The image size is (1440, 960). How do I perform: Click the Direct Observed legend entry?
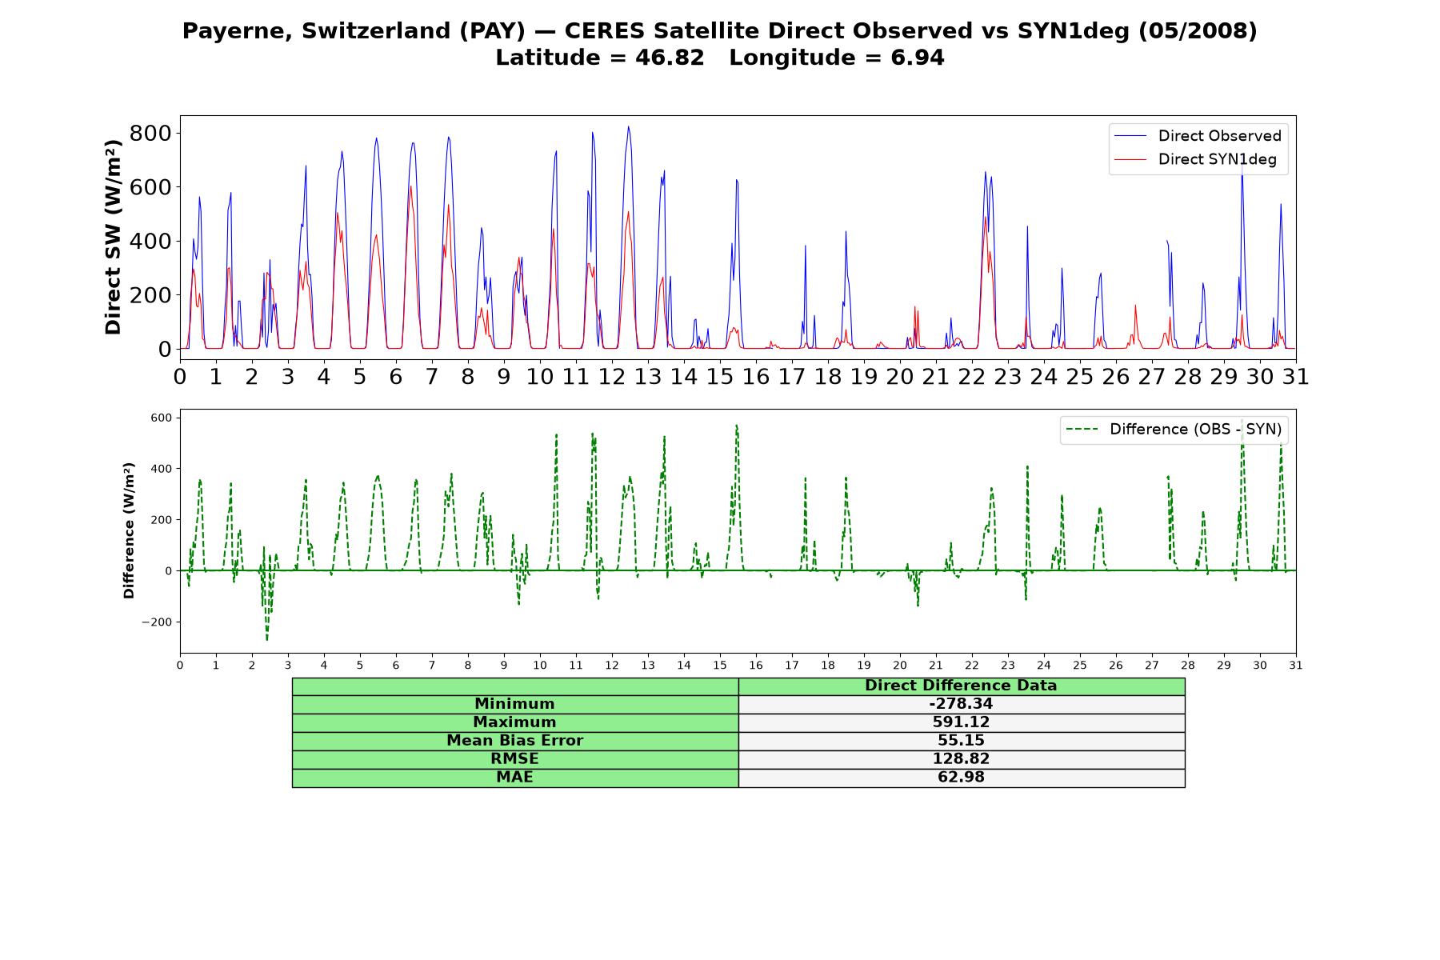pos(1198,136)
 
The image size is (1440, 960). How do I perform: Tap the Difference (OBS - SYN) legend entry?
pos(1174,430)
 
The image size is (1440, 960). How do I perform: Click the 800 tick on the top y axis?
pos(150,133)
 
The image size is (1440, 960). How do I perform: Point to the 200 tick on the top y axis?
pos(150,295)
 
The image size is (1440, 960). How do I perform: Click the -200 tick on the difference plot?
pos(157,622)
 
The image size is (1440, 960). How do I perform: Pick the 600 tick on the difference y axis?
pos(162,418)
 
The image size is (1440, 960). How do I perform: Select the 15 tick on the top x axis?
pos(720,376)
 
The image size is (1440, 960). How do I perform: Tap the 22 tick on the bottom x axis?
pos(972,666)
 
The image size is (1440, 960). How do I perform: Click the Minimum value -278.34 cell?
pos(961,704)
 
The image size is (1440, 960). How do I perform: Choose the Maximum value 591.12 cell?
pos(961,722)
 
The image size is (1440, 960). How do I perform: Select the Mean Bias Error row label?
pos(514,741)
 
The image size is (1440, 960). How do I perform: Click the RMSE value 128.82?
pos(961,759)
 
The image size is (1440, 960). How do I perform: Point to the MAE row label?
pos(514,778)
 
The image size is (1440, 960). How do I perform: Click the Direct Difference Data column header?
pos(961,686)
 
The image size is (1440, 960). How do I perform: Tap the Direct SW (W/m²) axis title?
pos(113,238)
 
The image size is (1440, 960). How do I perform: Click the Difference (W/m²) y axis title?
pos(129,530)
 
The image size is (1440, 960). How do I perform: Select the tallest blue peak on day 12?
pos(628,126)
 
